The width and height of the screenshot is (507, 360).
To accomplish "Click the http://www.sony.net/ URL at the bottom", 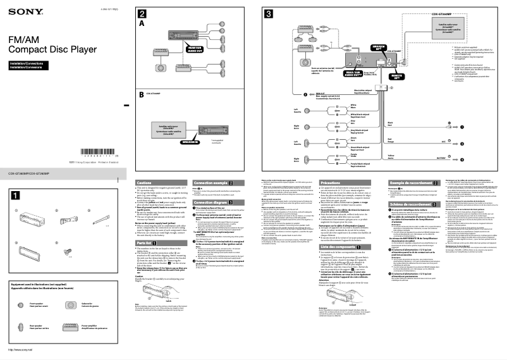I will coord(20,349).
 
